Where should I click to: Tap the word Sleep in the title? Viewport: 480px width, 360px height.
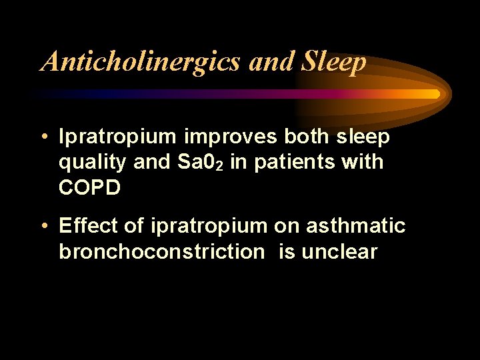(x=333, y=62)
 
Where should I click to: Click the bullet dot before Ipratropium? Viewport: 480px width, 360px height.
(x=42, y=137)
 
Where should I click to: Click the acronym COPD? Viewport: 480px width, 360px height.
(x=90, y=187)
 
